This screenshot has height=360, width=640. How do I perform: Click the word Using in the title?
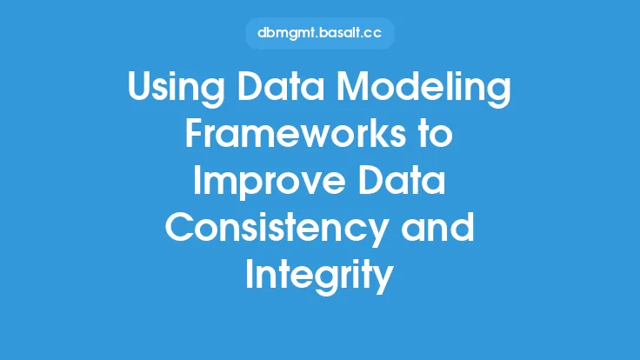pyautogui.click(x=176, y=89)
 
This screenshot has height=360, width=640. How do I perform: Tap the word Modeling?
pyautogui.click(x=423, y=89)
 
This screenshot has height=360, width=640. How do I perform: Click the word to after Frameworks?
pyautogui.click(x=437, y=135)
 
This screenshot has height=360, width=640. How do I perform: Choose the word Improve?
pyautogui.click(x=269, y=183)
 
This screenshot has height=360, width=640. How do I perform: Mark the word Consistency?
pyautogui.click(x=276, y=230)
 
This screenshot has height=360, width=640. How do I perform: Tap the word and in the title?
pyautogui.click(x=437, y=227)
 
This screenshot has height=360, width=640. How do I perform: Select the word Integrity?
pyautogui.click(x=320, y=277)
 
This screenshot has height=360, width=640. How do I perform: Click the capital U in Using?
pyautogui.click(x=140, y=87)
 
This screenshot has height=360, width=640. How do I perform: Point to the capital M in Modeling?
pyautogui.click(x=352, y=86)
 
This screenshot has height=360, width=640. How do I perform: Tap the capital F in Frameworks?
pyautogui.click(x=194, y=133)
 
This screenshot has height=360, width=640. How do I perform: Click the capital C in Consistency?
pyautogui.click(x=179, y=227)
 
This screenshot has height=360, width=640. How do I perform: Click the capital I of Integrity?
pyautogui.click(x=249, y=274)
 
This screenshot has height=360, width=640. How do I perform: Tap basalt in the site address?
pyautogui.click(x=338, y=33)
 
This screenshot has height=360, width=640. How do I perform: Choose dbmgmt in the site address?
pyautogui.click(x=287, y=34)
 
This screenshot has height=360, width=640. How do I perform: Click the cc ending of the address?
pyautogui.click(x=373, y=34)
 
